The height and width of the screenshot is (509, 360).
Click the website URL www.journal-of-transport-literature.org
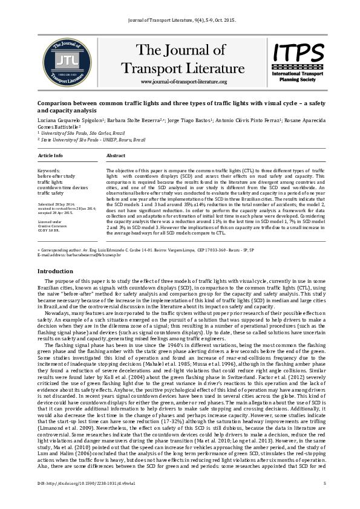183,82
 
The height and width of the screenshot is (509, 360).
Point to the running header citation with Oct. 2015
180,19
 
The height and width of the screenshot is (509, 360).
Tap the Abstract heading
116,155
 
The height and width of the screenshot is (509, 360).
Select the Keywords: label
49,171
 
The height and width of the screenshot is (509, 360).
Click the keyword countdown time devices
62,187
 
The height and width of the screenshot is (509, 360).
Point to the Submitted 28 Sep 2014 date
61,205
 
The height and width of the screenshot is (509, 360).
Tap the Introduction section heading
55,271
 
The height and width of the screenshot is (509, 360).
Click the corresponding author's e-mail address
79,255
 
